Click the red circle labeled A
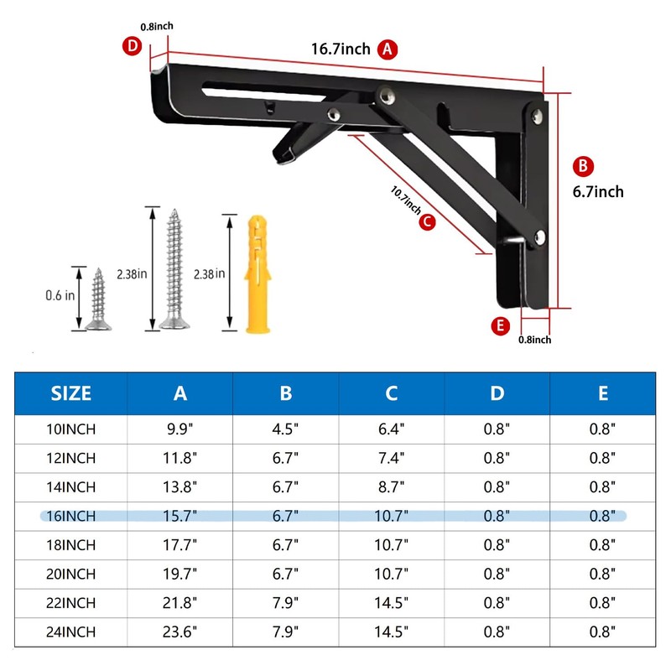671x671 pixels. pos(387,49)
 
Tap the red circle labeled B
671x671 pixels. pos(584,165)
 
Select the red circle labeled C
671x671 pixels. pos(426,222)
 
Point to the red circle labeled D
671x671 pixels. pos(131,46)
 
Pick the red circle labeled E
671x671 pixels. pos(502,326)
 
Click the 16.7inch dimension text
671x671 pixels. pos(341,49)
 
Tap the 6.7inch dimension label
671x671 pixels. pos(598,191)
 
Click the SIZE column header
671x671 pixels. pos(71,393)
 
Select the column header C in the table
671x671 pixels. pos(392,393)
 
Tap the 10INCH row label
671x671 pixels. pos(71,429)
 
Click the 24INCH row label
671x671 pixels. pos(71,631)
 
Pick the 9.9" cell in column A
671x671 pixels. pos(179,429)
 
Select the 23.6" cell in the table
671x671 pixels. pos(179,631)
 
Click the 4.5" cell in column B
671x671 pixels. pos(285,429)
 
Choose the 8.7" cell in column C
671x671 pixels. pos(392,487)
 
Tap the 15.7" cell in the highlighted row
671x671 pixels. pos(179,516)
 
